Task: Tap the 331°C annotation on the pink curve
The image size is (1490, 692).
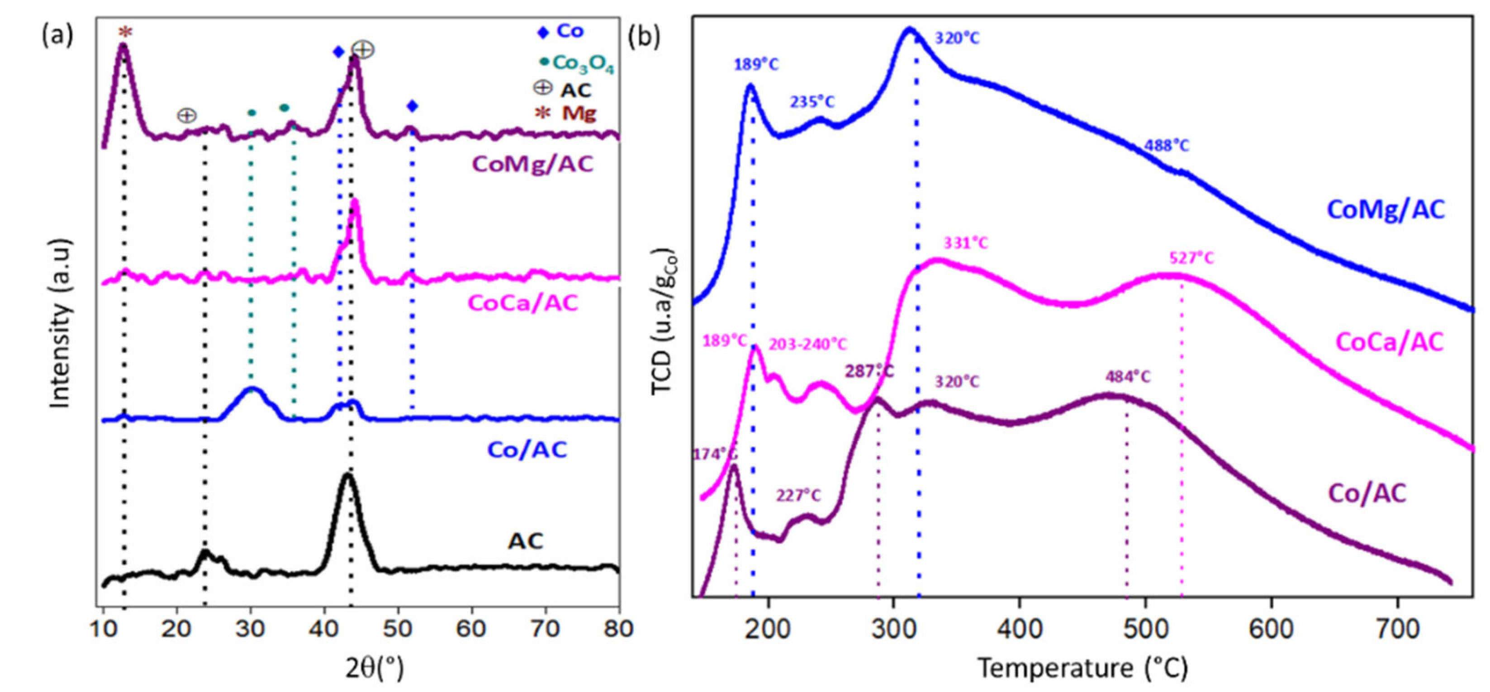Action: click(965, 243)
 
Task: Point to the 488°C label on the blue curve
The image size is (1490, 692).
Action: click(1167, 146)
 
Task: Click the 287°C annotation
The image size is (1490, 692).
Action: click(869, 370)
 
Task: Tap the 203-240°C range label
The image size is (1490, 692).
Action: click(807, 345)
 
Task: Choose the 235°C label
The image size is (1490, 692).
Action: click(812, 102)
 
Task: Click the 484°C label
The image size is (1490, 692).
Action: click(1128, 377)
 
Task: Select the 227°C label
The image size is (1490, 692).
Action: click(798, 495)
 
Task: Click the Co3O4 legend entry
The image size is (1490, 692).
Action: click(577, 64)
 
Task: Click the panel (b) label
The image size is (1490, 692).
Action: click(644, 37)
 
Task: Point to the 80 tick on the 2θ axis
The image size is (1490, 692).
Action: click(618, 628)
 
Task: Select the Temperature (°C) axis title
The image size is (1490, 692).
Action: click(1082, 668)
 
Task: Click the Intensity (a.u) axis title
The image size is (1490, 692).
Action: click(61, 324)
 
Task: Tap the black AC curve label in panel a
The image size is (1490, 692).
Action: click(526, 542)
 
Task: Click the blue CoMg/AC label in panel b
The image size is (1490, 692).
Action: click(1386, 209)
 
